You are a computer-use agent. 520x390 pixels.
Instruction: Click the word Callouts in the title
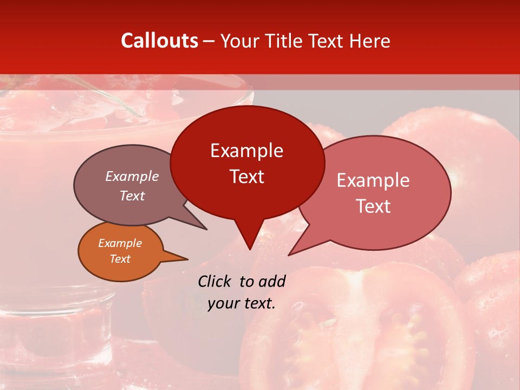click(x=159, y=41)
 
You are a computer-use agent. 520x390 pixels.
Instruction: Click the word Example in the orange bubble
click(x=120, y=244)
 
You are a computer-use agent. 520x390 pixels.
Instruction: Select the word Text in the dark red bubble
click(x=247, y=177)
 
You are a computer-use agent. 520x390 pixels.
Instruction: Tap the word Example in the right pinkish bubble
click(x=373, y=180)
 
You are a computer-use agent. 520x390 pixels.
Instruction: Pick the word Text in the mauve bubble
click(x=132, y=196)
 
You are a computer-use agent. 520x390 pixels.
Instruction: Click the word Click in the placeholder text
click(x=215, y=281)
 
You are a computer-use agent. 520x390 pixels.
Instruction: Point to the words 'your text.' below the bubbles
click(x=242, y=303)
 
